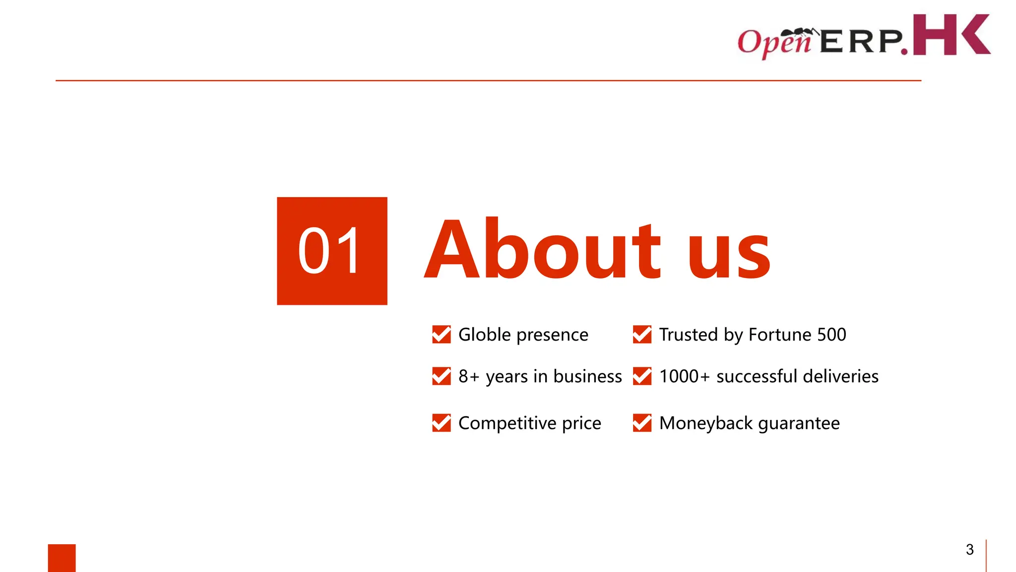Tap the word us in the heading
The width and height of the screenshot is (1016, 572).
729,253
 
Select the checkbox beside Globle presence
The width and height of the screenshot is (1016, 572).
441,335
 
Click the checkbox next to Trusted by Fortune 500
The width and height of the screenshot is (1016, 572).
642,335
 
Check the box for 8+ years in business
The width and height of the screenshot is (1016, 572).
441,376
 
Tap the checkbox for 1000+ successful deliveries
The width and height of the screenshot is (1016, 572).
642,376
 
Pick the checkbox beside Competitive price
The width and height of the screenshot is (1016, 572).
441,423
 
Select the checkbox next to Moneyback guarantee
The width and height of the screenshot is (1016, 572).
642,423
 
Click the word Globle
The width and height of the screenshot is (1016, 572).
485,335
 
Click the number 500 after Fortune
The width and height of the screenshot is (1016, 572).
831,335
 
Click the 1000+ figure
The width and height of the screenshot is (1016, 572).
685,376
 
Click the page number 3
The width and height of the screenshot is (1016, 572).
970,550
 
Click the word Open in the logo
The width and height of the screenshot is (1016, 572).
774,42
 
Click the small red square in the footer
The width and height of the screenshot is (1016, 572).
62,558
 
